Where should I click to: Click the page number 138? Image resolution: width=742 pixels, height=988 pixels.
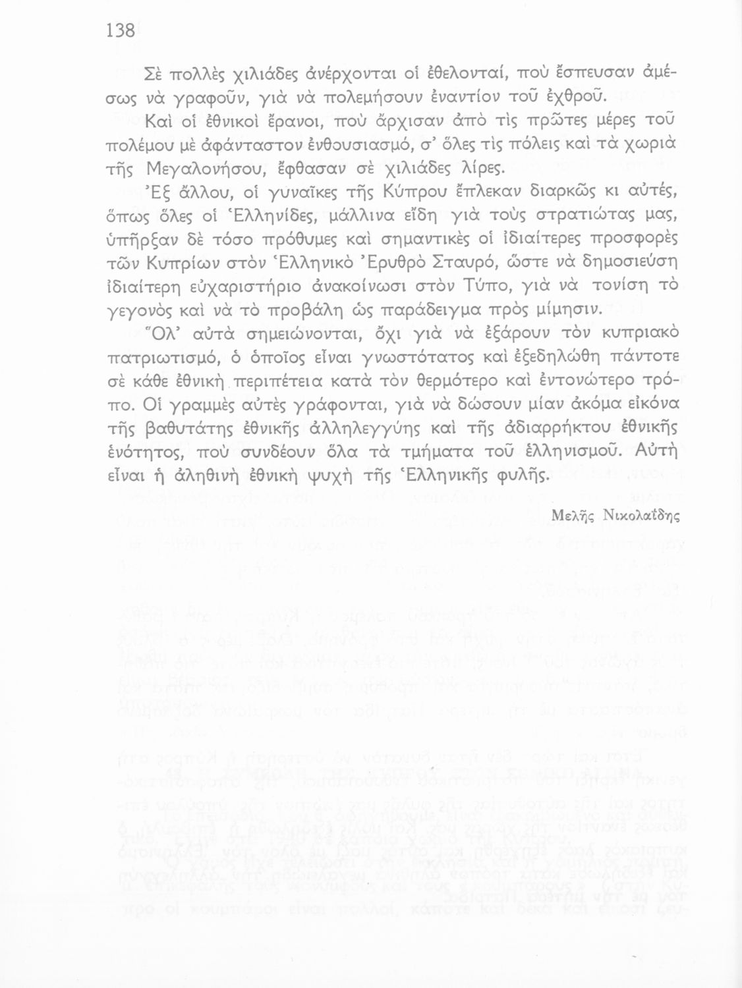click(x=120, y=30)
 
